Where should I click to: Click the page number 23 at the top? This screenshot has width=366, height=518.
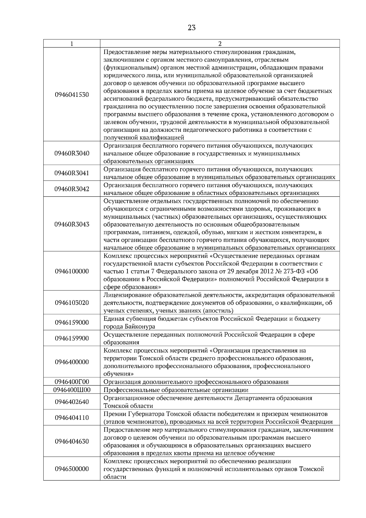pos(192,28)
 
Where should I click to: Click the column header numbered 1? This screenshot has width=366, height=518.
pos(72,44)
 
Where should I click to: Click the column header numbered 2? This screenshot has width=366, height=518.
pos(220,44)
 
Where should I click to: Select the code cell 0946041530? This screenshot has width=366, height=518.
pos(72,95)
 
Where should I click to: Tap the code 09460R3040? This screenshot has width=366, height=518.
pos(72,153)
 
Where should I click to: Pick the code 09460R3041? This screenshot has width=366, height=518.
pos(72,173)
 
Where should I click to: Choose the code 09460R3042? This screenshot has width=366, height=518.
pos(72,189)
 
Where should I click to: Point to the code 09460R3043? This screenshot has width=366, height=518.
pos(72,225)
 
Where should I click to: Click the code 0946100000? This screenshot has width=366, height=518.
pos(72,271)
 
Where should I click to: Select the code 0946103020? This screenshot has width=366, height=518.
pos(72,303)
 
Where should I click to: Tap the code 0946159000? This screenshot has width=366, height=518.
pos(72,323)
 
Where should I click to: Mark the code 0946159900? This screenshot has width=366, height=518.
pos(72,339)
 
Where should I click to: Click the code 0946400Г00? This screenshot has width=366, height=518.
pos(72,382)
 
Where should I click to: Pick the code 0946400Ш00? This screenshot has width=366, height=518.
pos(72,390)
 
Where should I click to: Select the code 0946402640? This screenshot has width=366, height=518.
pos(72,402)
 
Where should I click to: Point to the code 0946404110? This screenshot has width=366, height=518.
pos(72,418)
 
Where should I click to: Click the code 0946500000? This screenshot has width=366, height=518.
pos(72,469)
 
